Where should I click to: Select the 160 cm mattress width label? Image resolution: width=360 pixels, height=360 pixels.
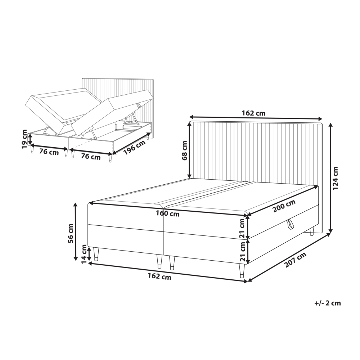click(168, 214)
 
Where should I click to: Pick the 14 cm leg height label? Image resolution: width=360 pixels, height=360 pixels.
click(84, 254)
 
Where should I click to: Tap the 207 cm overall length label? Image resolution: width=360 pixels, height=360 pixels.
click(295, 260)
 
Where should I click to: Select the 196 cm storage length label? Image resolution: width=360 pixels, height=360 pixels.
click(134, 148)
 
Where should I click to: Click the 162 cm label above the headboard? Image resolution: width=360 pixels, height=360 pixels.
click(253, 113)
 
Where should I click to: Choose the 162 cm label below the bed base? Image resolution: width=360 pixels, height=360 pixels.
click(159, 277)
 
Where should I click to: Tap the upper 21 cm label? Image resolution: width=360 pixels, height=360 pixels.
click(242, 228)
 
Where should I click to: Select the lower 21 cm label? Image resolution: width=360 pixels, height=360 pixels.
click(242, 251)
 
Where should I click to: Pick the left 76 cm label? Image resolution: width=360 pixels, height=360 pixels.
click(49, 152)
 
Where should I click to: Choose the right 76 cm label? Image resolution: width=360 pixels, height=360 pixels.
click(91, 157)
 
